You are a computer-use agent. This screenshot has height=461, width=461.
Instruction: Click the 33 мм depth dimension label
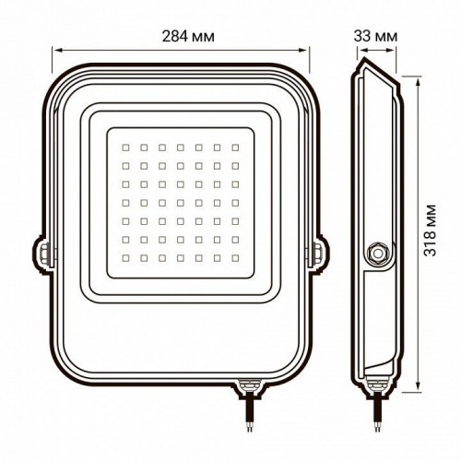coord(376,35)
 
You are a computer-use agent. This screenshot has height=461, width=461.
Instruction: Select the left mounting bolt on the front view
coord(42,250)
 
